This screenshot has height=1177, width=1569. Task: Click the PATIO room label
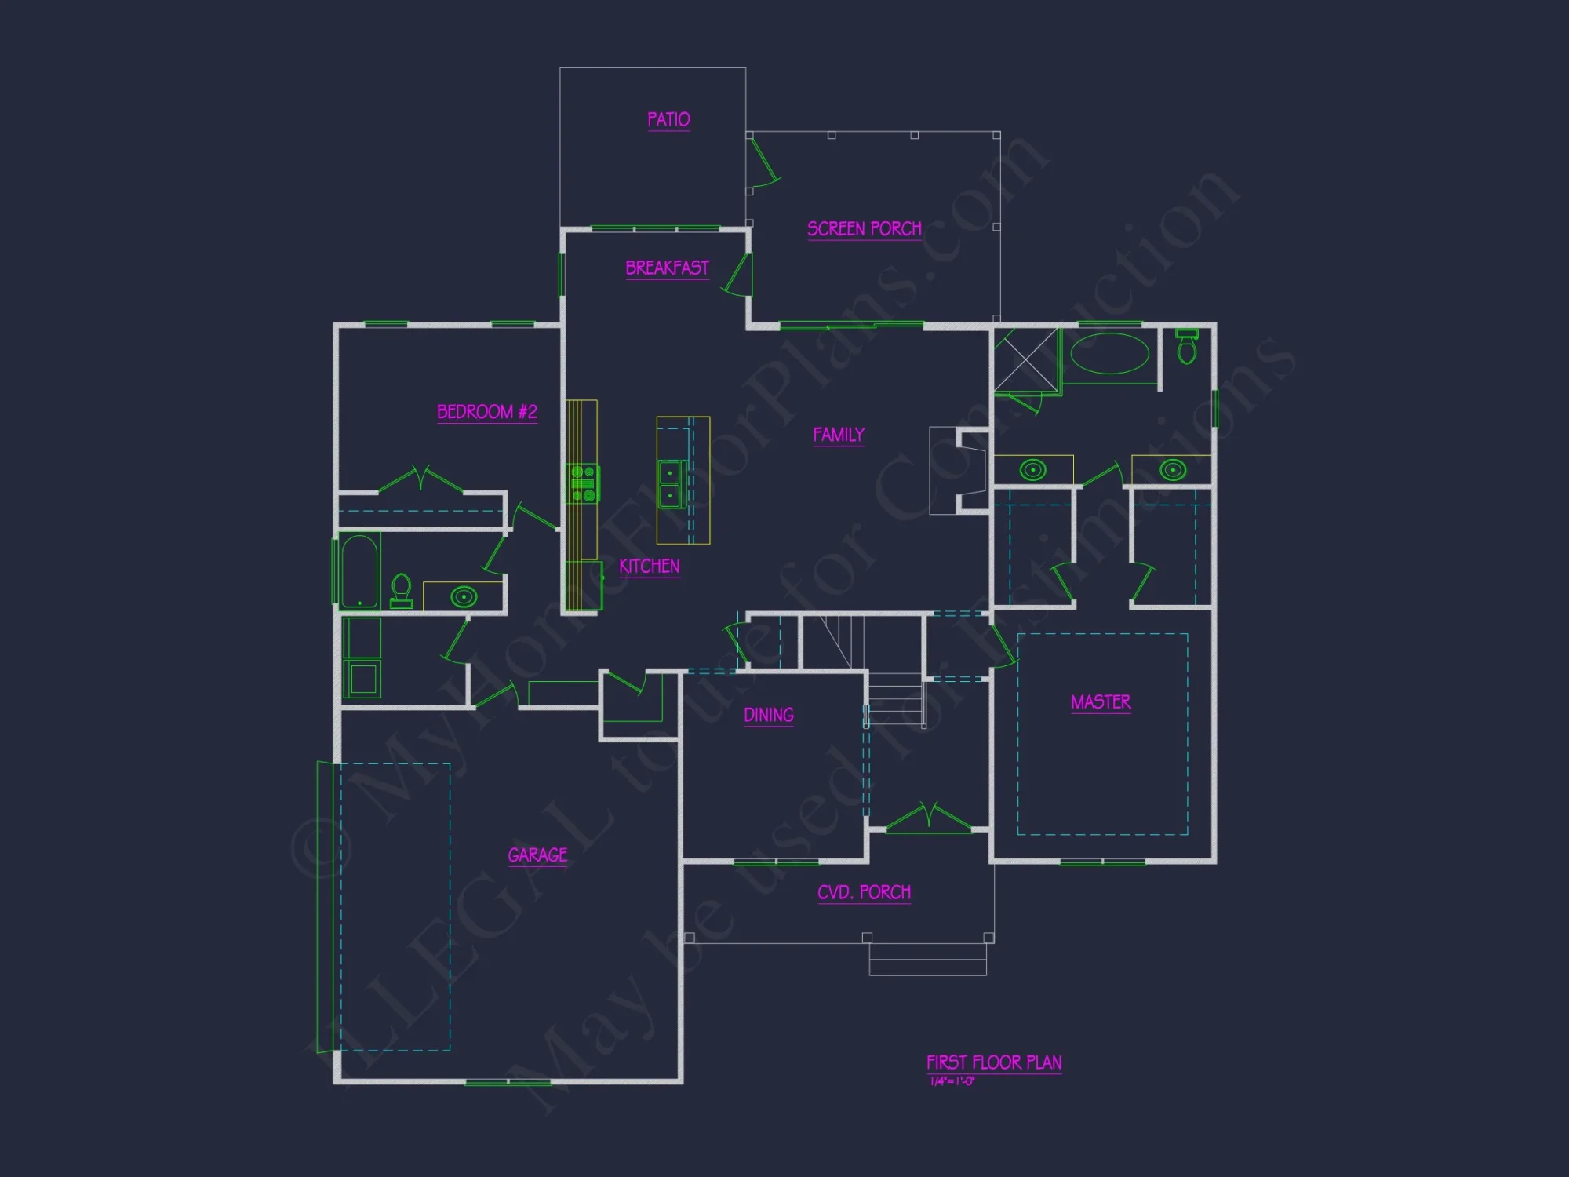tap(668, 119)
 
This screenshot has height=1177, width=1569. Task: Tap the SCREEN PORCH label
tap(865, 228)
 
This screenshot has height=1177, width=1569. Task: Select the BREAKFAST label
tap(667, 268)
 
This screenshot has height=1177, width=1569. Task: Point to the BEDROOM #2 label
tap(486, 412)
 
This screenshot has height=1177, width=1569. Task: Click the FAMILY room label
tap(839, 435)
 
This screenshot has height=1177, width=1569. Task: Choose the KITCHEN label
tap(649, 566)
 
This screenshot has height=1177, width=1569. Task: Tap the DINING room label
tap(768, 715)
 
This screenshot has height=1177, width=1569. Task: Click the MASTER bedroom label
tap(1101, 701)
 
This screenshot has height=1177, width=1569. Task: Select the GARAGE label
tap(537, 855)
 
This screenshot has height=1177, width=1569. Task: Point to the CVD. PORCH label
tap(864, 892)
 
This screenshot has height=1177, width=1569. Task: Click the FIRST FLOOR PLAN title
tap(994, 1062)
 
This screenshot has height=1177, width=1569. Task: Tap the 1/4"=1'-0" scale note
tap(952, 1081)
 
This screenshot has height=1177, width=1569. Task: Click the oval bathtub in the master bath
tap(1109, 354)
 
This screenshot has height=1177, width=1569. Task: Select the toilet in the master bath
tap(1187, 346)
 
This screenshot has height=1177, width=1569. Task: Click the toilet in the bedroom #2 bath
tap(402, 590)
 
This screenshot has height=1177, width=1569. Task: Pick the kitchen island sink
tap(670, 484)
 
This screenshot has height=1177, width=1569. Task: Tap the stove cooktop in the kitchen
tap(583, 483)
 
